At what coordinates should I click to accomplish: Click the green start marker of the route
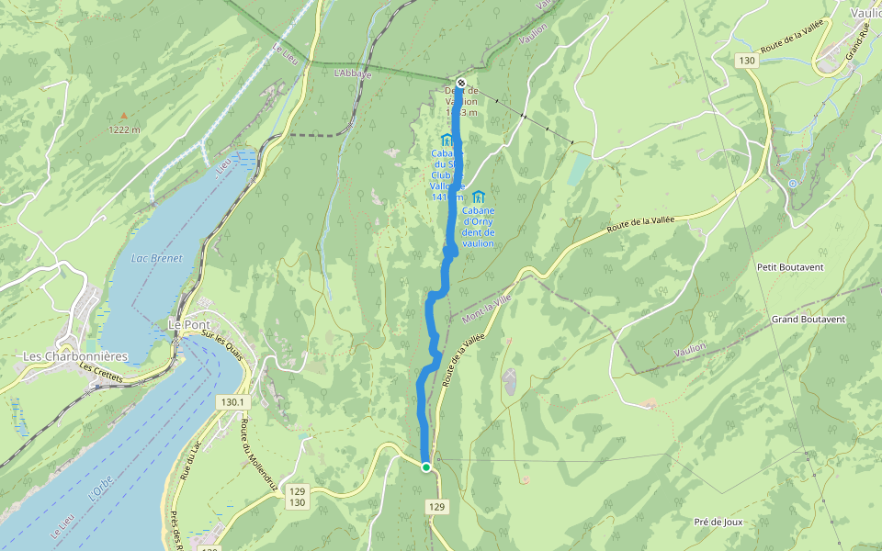click(426, 467)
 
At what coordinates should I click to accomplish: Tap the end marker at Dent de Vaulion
click(461, 83)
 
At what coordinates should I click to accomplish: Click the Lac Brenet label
click(156, 258)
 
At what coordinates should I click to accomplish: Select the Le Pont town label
click(186, 324)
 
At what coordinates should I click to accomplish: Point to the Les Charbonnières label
click(75, 355)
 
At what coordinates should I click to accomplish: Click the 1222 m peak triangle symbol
click(124, 117)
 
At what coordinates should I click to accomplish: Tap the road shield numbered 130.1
click(234, 402)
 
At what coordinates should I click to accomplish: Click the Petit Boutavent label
click(789, 267)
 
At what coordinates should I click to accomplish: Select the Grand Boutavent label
click(808, 319)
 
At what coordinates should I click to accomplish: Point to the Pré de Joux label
click(718, 522)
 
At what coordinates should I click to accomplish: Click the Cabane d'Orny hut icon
click(478, 196)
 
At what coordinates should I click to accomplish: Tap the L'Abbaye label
click(353, 73)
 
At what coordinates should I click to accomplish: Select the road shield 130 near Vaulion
click(746, 61)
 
